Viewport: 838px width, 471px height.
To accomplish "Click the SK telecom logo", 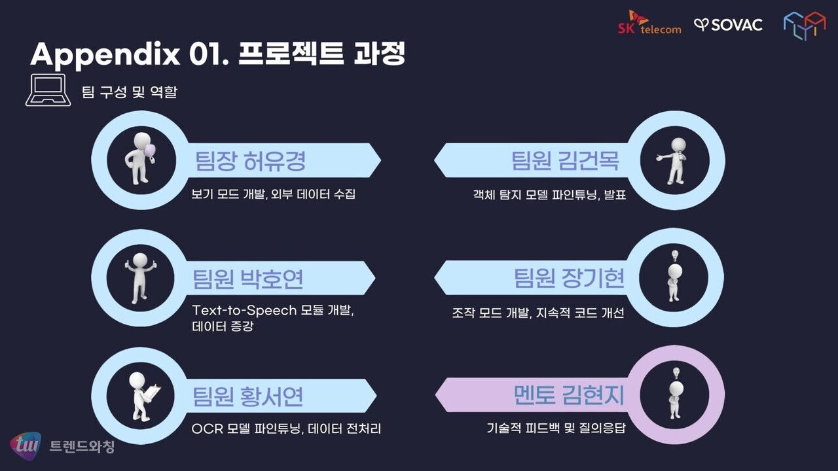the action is tap(649, 22).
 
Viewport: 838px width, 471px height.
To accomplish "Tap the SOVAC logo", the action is tap(728, 25).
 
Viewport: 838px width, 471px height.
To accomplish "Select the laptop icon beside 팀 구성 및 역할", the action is tap(48, 90).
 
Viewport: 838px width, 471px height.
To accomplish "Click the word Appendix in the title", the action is tap(105, 54).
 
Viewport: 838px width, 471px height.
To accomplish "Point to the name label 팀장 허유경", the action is tap(250, 161).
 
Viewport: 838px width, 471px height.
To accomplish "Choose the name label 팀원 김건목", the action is tap(565, 161).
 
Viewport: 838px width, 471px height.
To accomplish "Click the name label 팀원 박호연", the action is tap(247, 279).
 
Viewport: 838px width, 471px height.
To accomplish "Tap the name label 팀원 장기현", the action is tap(569, 278).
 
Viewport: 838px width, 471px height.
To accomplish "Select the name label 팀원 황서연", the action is tap(247, 396).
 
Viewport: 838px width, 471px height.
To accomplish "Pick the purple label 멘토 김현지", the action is tap(569, 395).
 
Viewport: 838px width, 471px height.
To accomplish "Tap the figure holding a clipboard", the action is tap(143, 396).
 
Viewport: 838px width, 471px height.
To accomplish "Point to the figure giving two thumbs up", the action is tap(140, 277).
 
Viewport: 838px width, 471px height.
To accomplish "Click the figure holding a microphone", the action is tap(672, 161).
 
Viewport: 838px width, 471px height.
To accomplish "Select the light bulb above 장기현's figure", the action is tap(675, 256).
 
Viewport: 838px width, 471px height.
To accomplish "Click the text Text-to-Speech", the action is tap(244, 310).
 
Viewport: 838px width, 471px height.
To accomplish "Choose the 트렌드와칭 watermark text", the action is tap(82, 446).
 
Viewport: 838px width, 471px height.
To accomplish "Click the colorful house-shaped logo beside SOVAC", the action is tap(805, 25).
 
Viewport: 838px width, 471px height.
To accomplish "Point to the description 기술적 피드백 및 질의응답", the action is tap(556, 428).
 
